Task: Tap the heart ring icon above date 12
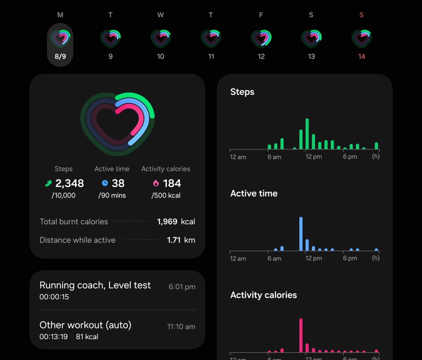click(x=261, y=38)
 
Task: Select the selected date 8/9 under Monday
click(x=60, y=56)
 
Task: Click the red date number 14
click(x=362, y=56)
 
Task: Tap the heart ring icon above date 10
click(x=161, y=38)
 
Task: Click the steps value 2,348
click(x=70, y=183)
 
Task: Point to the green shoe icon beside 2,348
click(x=49, y=183)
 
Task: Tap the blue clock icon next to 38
click(x=105, y=183)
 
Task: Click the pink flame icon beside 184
click(x=156, y=183)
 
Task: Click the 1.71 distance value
click(x=174, y=240)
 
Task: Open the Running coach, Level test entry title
click(x=95, y=285)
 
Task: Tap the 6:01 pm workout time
click(x=182, y=287)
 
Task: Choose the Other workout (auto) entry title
click(x=85, y=325)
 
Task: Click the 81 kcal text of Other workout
click(x=87, y=336)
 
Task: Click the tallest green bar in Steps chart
click(x=307, y=134)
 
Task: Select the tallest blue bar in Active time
click(x=301, y=234)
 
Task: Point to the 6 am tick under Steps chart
click(x=274, y=157)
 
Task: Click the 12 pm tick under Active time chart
click(x=313, y=258)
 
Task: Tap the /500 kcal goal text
click(x=166, y=195)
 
